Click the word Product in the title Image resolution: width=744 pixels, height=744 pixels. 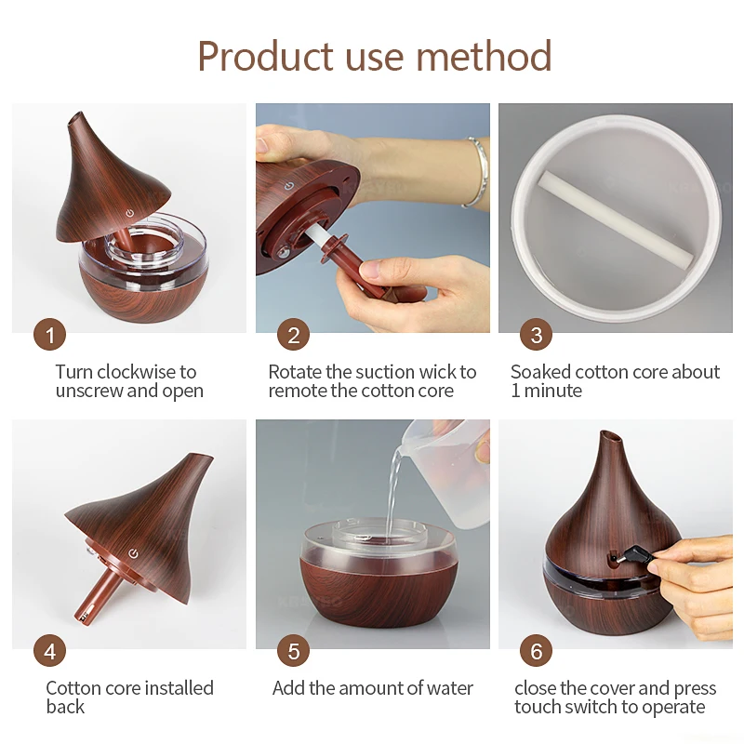[x=259, y=57]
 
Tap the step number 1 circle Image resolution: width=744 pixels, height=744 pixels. [x=49, y=335]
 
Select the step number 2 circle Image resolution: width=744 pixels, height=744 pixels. [x=294, y=335]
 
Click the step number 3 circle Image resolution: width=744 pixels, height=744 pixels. [x=536, y=335]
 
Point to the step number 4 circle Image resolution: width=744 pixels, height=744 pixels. [x=49, y=651]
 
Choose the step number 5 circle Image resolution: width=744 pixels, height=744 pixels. [x=294, y=651]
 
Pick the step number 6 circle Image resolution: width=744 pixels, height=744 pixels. [x=536, y=651]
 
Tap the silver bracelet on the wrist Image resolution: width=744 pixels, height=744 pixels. [x=477, y=173]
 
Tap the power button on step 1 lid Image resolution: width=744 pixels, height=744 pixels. [x=129, y=213]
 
